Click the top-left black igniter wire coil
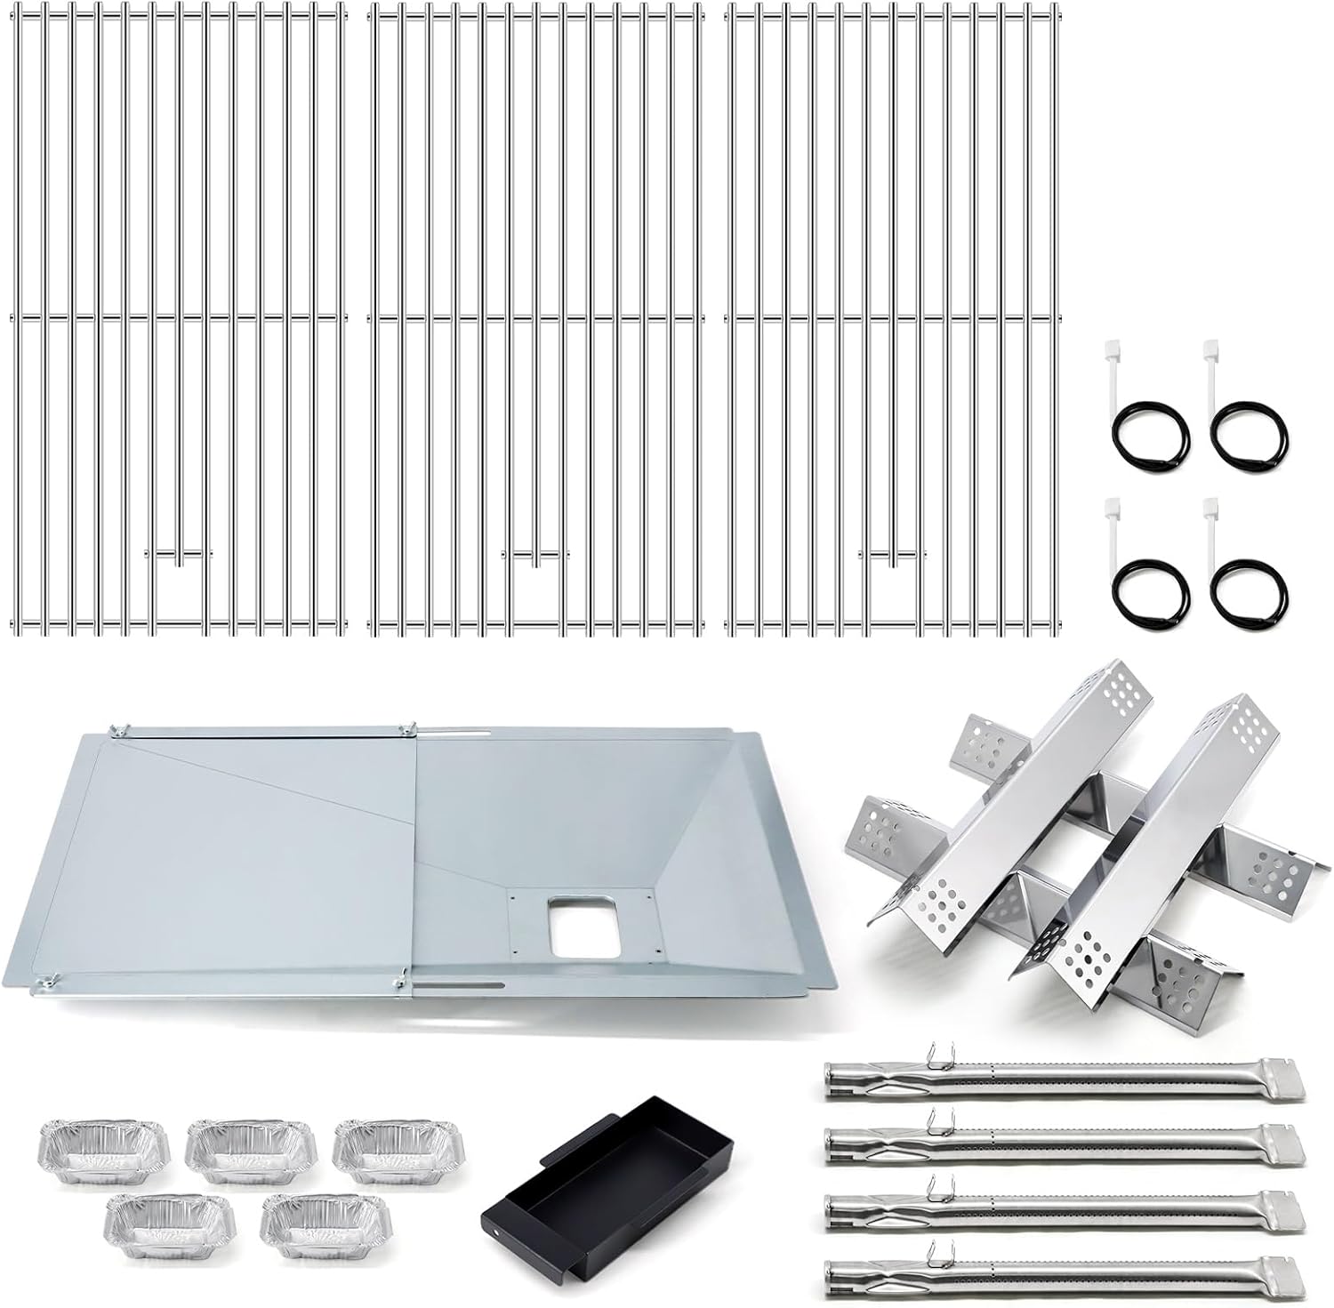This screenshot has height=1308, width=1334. pos(1148,429)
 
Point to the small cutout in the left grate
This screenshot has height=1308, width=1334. pos(180,587)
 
